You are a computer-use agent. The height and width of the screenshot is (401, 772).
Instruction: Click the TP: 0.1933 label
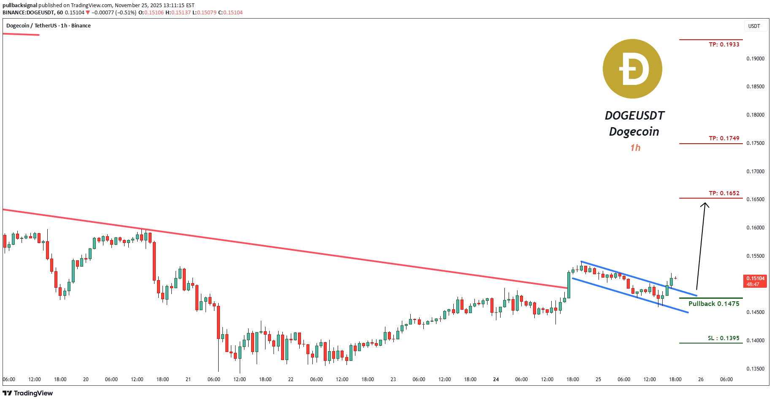724,44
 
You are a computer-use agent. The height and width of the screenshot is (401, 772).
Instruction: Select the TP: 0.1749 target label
724,138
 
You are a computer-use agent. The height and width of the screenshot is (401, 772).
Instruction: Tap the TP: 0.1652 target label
724,193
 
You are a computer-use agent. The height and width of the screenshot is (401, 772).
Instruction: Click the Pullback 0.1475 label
714,303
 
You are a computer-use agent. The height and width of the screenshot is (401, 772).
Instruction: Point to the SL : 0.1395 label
723,338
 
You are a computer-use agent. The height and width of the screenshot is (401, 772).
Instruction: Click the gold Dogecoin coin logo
632,69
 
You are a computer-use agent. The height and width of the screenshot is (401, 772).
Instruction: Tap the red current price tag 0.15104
755,281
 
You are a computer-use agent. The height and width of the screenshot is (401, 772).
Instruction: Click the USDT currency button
754,26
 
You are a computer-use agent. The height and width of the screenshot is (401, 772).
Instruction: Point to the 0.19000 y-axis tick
755,59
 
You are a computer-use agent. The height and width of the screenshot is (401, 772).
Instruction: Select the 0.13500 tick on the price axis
755,368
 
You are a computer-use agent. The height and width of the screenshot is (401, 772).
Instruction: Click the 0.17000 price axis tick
755,172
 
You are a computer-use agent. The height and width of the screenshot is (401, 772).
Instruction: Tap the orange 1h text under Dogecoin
635,147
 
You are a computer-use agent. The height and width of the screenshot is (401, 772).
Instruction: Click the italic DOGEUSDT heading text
634,115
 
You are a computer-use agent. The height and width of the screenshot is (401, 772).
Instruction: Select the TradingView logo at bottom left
28,393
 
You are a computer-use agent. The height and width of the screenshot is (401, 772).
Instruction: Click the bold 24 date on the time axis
496,379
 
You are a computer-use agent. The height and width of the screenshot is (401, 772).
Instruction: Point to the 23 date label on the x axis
393,379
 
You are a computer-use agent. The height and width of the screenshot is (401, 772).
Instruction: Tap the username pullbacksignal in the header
20,5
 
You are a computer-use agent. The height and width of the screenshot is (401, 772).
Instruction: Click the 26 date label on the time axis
701,379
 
